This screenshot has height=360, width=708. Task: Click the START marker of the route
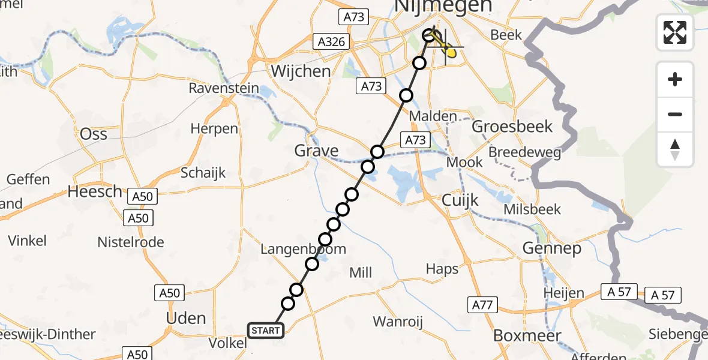coord(265,330)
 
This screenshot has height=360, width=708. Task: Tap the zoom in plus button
coord(675,79)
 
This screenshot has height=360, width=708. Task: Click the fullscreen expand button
coord(675,32)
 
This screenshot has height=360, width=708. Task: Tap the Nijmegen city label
coord(445,6)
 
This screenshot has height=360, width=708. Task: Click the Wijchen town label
coord(301,71)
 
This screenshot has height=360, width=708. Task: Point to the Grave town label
coord(316,150)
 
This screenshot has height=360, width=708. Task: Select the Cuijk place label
coord(460,200)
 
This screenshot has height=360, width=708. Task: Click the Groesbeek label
coord(512,127)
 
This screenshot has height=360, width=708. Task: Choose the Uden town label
coord(186,318)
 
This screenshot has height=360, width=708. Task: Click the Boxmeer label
coord(519,335)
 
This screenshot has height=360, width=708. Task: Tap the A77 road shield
coord(482,305)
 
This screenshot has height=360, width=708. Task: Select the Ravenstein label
coord(224,89)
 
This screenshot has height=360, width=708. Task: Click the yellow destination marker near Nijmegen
coord(449,53)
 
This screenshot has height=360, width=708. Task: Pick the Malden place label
coord(439,116)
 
